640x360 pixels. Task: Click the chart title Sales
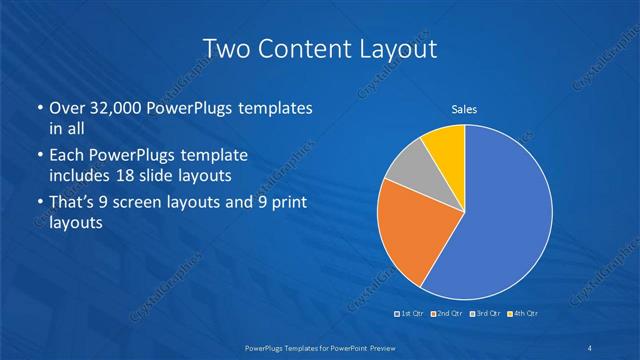coord(464,108)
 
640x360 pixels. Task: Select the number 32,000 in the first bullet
coord(118,107)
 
